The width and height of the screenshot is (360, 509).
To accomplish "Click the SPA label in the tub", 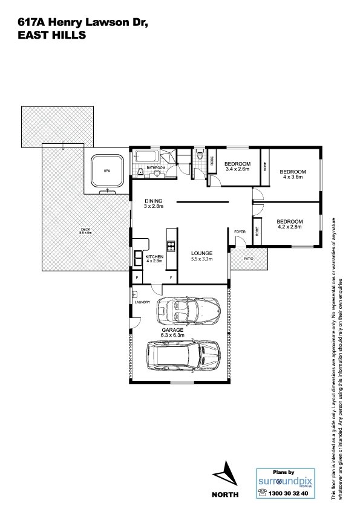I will pyautogui.click(x=107, y=172).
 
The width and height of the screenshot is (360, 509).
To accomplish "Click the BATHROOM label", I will pyautogui.click(x=155, y=167).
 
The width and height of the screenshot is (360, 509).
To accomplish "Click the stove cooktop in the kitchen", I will pyautogui.click(x=171, y=246).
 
